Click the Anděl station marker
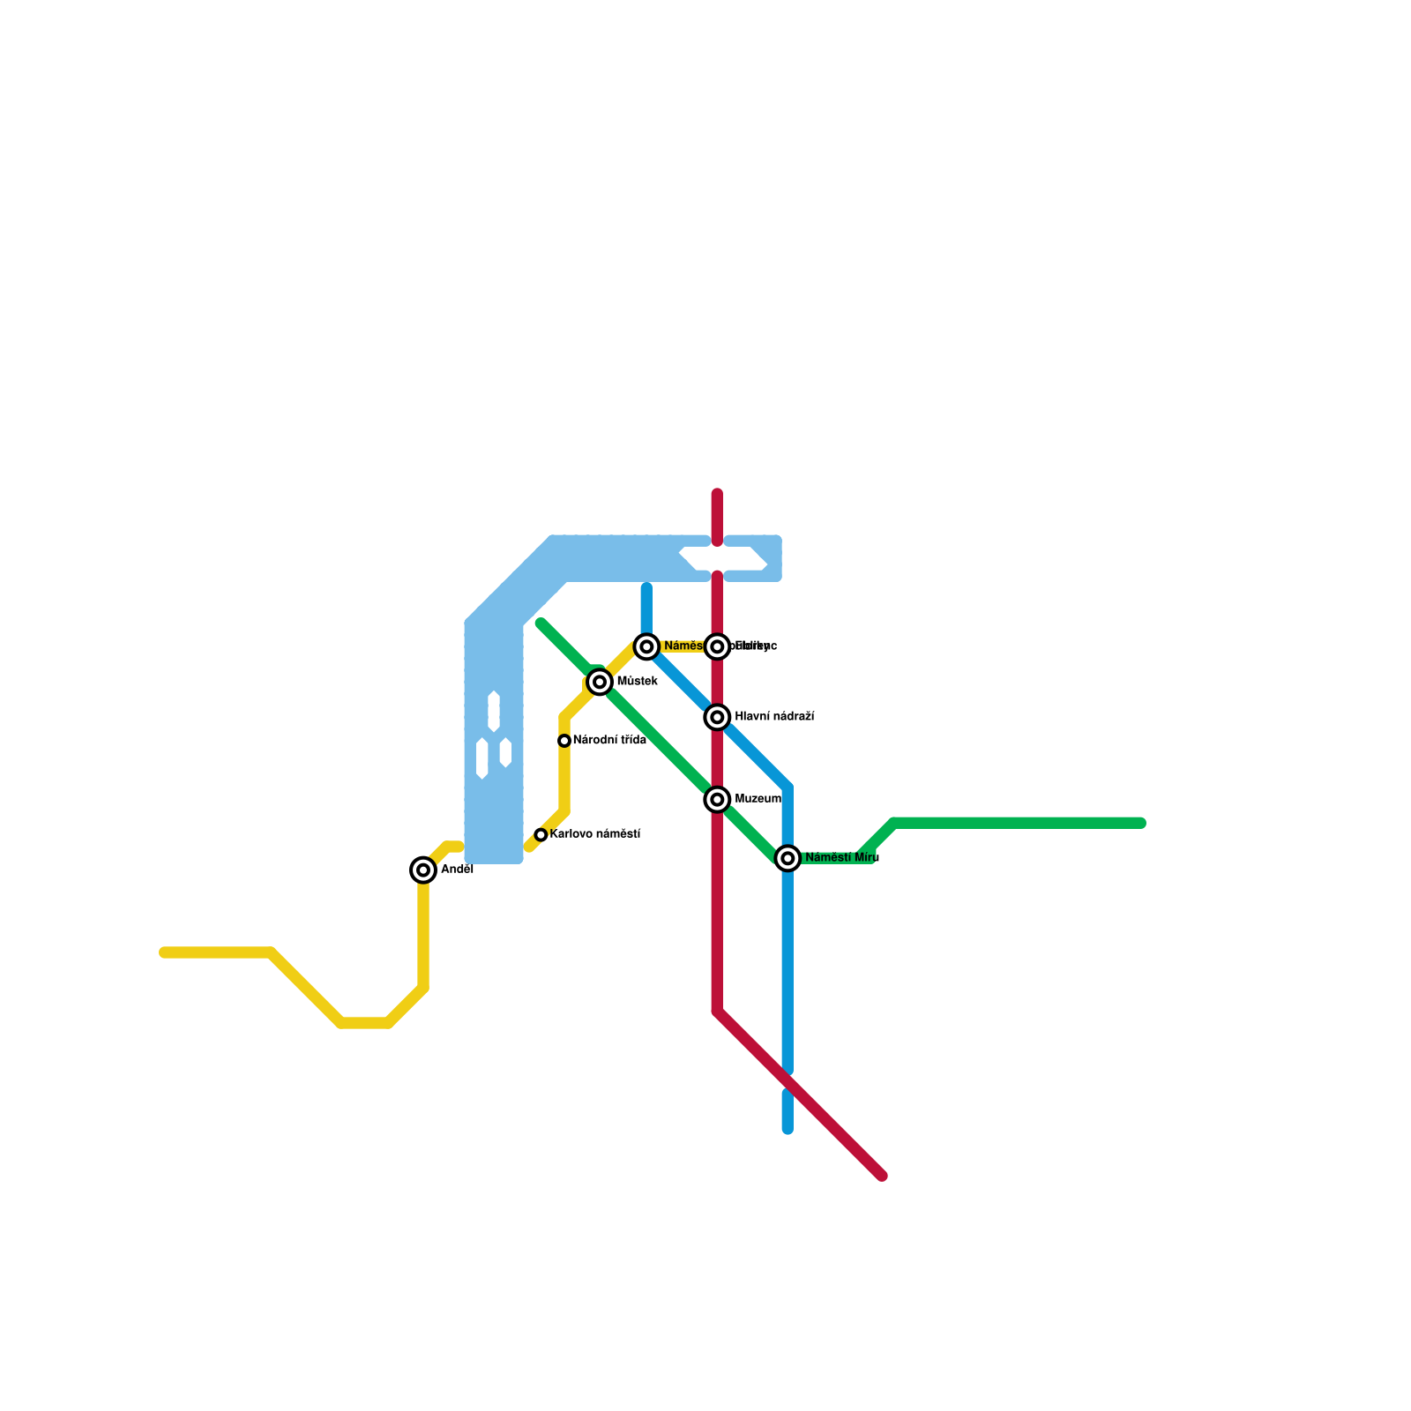tap(424, 870)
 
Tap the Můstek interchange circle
tap(600, 682)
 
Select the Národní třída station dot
tap(564, 741)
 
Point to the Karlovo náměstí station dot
tap(541, 835)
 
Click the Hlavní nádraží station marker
tap(718, 718)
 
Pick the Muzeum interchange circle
tap(718, 800)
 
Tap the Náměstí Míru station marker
tap(788, 858)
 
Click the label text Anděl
tap(457, 870)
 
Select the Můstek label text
tap(637, 682)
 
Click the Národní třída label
tap(609, 741)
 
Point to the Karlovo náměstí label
tap(594, 834)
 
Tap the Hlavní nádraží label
tap(773, 717)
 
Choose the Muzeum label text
tap(758, 799)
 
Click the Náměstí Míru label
tap(841, 858)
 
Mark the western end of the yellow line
tap(164, 952)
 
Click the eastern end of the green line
tap(1141, 824)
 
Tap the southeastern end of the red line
tap(882, 1176)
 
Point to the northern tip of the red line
tap(718, 494)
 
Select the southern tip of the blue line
tap(788, 1129)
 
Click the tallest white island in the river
tap(494, 712)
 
